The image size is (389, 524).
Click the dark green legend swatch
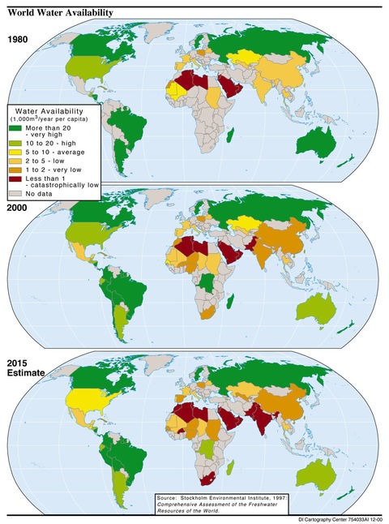coord(15,128)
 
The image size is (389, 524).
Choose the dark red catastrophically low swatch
coord(15,179)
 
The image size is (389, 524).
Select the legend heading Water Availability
coord(56,112)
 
